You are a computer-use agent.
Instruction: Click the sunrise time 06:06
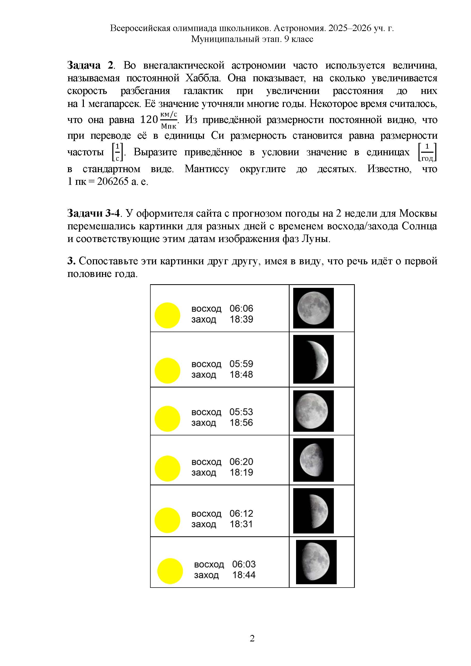241,308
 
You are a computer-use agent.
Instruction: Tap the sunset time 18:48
241,375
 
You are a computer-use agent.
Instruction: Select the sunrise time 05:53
241,412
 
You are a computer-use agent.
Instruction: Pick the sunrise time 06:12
241,514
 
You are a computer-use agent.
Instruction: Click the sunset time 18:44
244,575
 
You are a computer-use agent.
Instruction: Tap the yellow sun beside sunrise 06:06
167,315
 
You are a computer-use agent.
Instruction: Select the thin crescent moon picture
313,359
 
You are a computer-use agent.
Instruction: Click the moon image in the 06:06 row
313,308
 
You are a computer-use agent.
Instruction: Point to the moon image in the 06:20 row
313,460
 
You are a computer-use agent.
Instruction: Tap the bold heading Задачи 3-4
93,213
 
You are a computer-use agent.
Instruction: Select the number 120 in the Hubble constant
149,120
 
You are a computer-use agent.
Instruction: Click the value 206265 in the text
113,182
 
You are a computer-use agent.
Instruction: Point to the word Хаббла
203,78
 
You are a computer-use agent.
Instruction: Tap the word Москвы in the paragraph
418,213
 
